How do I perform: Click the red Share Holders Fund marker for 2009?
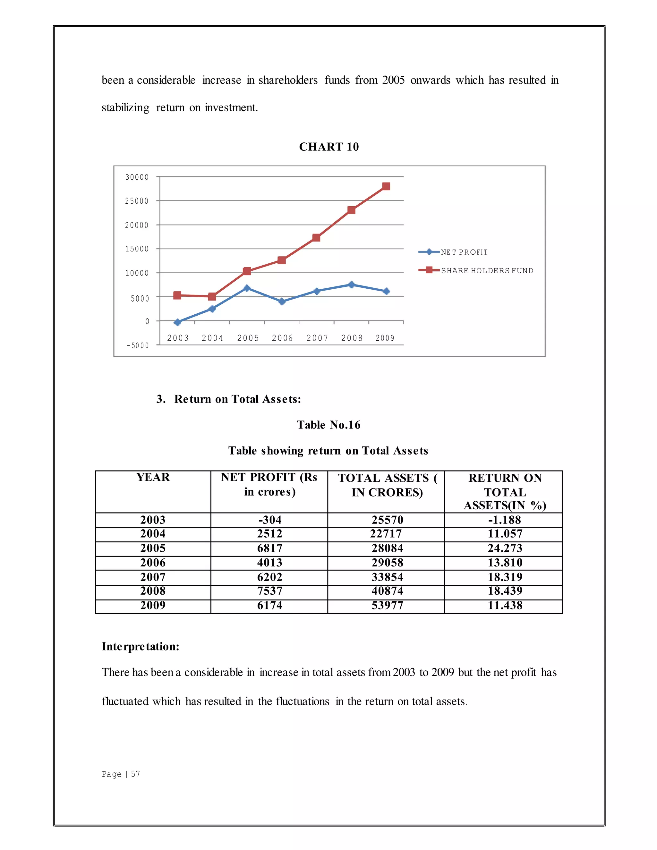click(x=386, y=186)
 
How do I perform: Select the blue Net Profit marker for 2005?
click(x=247, y=288)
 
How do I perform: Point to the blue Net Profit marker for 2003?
click(x=177, y=322)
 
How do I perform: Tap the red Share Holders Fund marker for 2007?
click(x=316, y=237)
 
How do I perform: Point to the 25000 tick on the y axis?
click(x=137, y=201)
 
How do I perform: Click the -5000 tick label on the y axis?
click(x=137, y=345)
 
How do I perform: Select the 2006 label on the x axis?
click(x=282, y=338)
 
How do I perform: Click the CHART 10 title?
click(x=329, y=147)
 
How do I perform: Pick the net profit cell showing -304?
click(x=269, y=520)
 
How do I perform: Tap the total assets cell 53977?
click(x=387, y=605)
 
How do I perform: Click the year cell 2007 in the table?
click(x=153, y=577)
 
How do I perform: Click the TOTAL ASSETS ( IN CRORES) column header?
click(x=387, y=485)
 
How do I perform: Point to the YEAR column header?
click(x=153, y=477)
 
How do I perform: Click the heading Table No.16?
click(x=328, y=425)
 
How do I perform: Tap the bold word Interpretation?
click(x=141, y=646)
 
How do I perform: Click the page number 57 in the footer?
click(x=135, y=774)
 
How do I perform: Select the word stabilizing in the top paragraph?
click(x=125, y=107)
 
